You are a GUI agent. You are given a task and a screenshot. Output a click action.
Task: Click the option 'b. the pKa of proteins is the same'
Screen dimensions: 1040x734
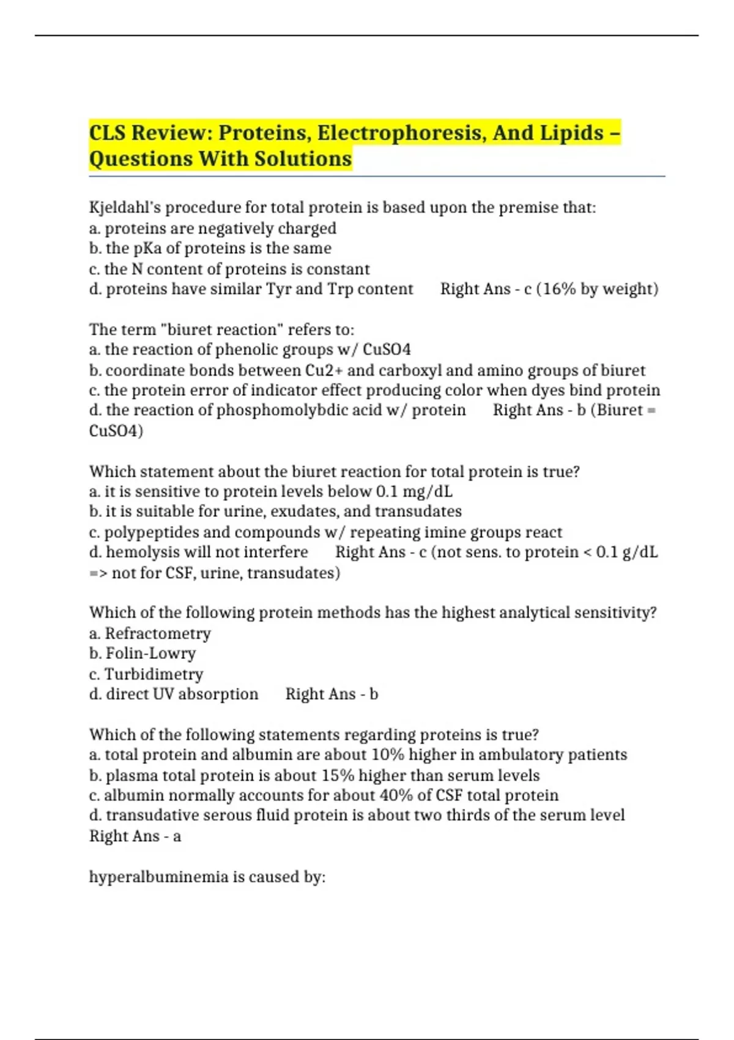click(210, 248)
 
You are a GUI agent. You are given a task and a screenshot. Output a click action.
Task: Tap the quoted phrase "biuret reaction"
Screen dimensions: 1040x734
click(222, 330)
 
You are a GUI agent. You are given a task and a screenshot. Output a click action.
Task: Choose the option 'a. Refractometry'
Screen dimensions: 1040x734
click(150, 633)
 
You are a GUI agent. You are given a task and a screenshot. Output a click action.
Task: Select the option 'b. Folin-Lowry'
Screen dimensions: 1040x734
click(143, 653)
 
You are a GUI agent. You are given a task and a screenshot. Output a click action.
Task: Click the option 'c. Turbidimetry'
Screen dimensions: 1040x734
click(146, 674)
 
